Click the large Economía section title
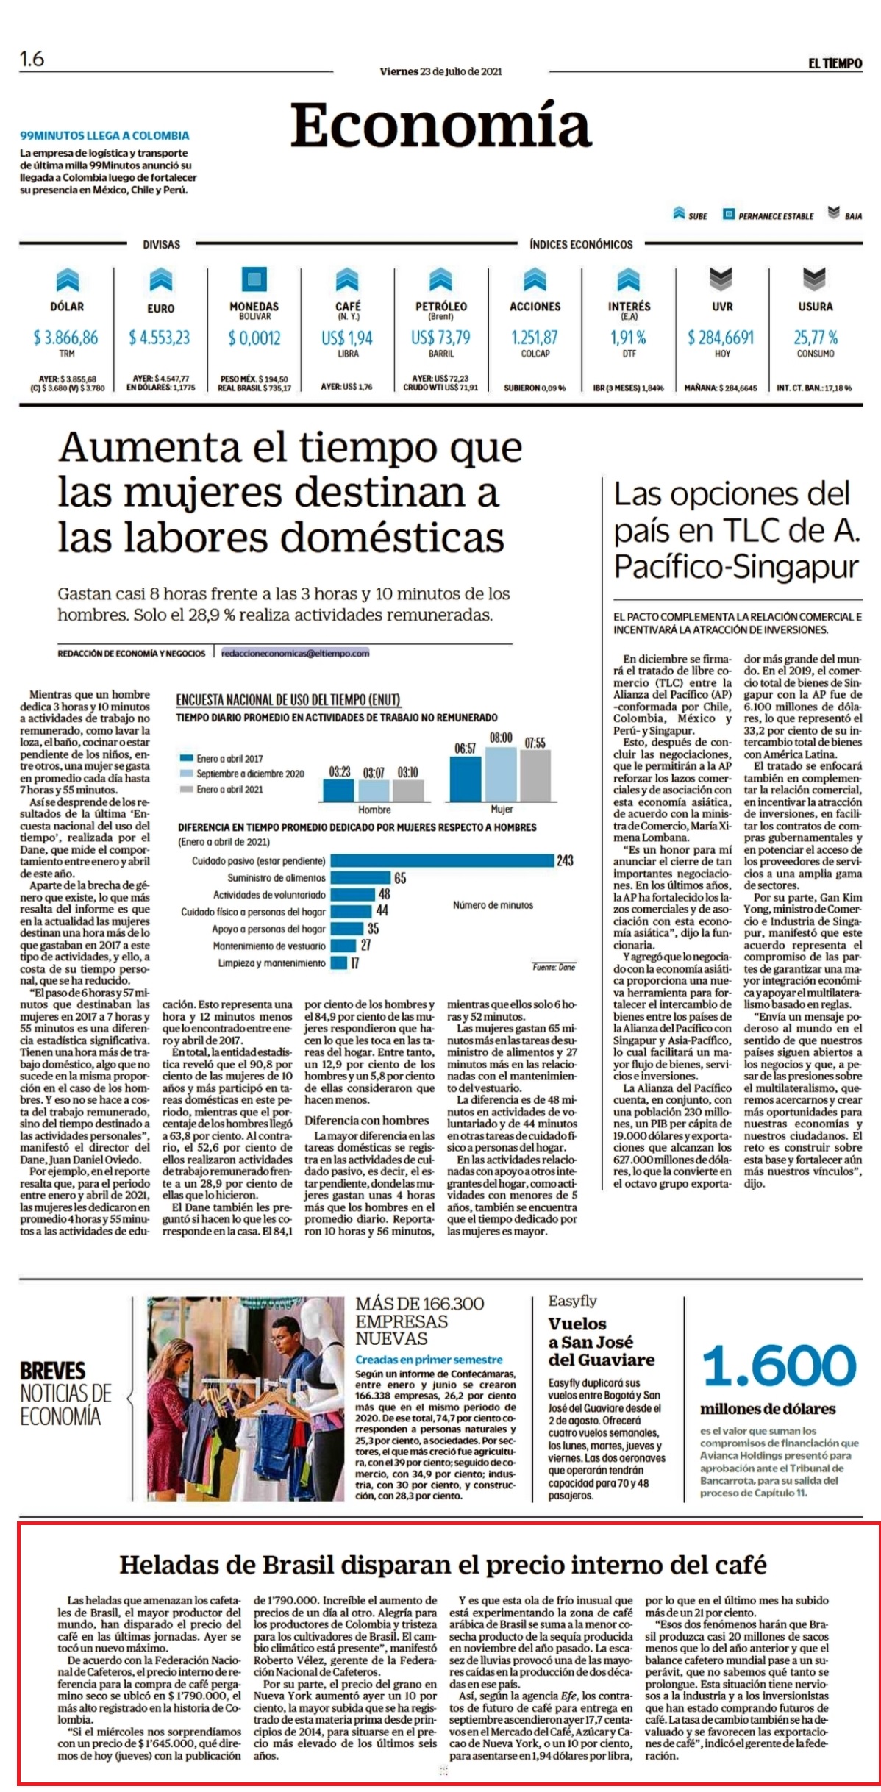(x=440, y=125)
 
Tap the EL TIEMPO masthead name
(x=835, y=64)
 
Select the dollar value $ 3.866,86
(x=65, y=338)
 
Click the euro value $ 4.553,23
(x=160, y=338)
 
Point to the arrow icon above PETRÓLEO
(x=440, y=280)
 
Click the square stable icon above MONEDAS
(x=254, y=279)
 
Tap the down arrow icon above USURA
(x=814, y=279)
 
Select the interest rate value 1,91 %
(x=628, y=338)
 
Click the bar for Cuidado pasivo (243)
(x=442, y=860)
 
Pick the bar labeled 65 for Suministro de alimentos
(x=360, y=877)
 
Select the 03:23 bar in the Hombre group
(x=339, y=790)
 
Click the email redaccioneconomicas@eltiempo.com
(x=296, y=653)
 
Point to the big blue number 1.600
(x=780, y=1366)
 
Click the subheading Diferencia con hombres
(x=367, y=1121)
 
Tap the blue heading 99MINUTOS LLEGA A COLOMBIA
(x=104, y=136)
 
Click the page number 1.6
(x=32, y=59)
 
